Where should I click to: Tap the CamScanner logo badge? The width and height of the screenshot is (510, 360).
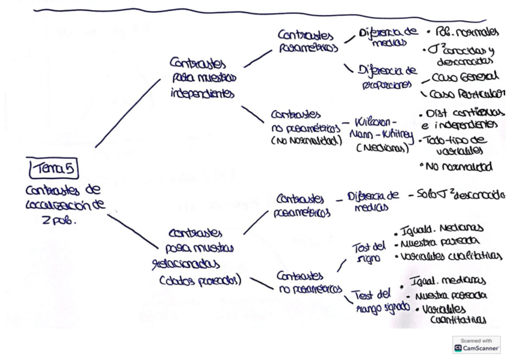click(x=476, y=344)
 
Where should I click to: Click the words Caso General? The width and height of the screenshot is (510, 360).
click(x=462, y=78)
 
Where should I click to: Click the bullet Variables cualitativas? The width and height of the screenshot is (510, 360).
click(x=447, y=257)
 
